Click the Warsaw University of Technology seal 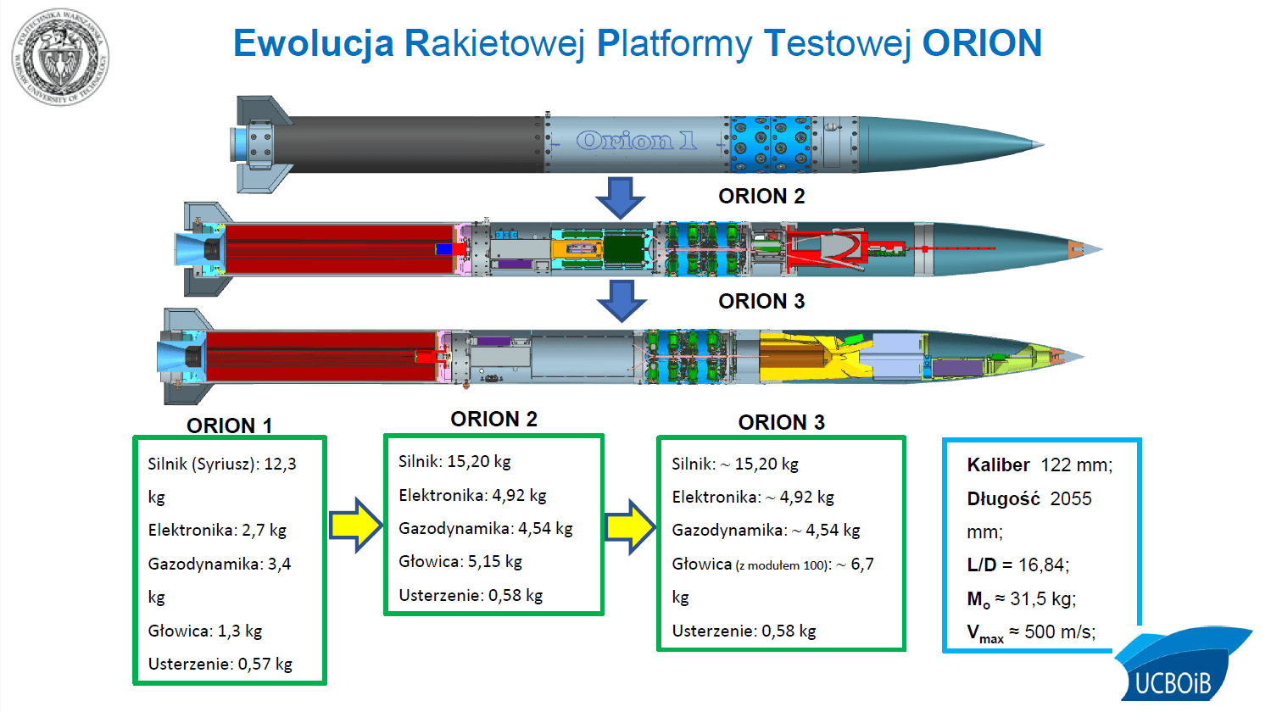click(x=60, y=58)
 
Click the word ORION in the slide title click(x=982, y=43)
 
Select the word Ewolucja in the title click(x=314, y=43)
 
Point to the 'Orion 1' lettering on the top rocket click(x=636, y=141)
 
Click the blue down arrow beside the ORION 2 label click(x=621, y=197)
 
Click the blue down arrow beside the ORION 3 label click(x=621, y=300)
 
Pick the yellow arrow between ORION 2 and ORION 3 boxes click(x=630, y=526)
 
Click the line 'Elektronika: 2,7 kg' click(x=217, y=531)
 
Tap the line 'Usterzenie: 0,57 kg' click(x=220, y=664)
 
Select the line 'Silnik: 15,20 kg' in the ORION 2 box click(x=454, y=462)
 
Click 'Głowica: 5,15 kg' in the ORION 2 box click(x=460, y=562)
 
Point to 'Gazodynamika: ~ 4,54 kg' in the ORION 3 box click(x=766, y=531)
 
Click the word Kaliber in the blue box click(x=998, y=465)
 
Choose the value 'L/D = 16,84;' click(x=1017, y=565)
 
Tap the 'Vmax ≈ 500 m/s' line click(x=1031, y=633)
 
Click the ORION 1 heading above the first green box click(x=229, y=426)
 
